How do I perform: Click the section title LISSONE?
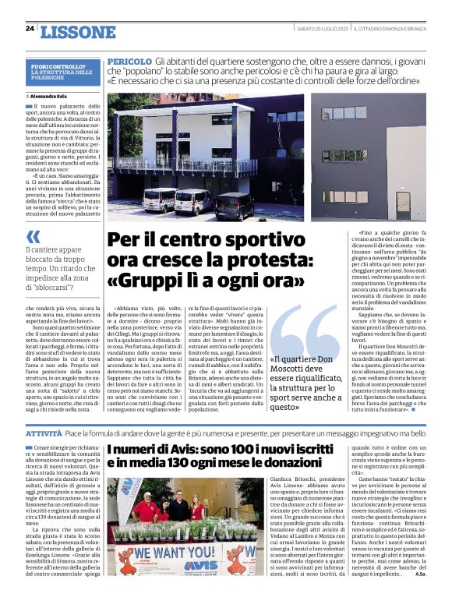(76, 33)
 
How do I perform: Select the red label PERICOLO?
(129, 61)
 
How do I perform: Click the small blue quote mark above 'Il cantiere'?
(32, 236)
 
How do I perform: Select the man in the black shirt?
(179, 510)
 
